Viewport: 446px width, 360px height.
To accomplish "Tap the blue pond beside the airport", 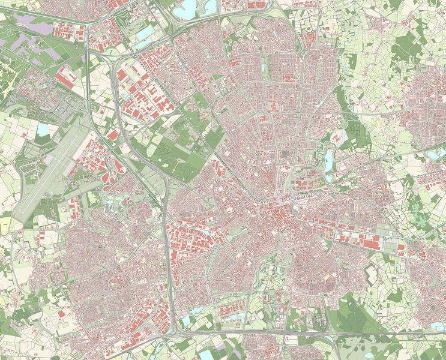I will point(42,130).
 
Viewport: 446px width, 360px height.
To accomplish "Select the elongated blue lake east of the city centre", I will point(328,161).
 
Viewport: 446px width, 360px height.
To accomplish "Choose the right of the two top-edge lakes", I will point(209,6).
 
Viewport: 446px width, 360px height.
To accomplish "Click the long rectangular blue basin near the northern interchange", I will point(145,34).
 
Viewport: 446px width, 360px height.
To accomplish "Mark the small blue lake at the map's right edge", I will point(433,154).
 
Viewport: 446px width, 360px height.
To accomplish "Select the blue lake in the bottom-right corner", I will point(438,326).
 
